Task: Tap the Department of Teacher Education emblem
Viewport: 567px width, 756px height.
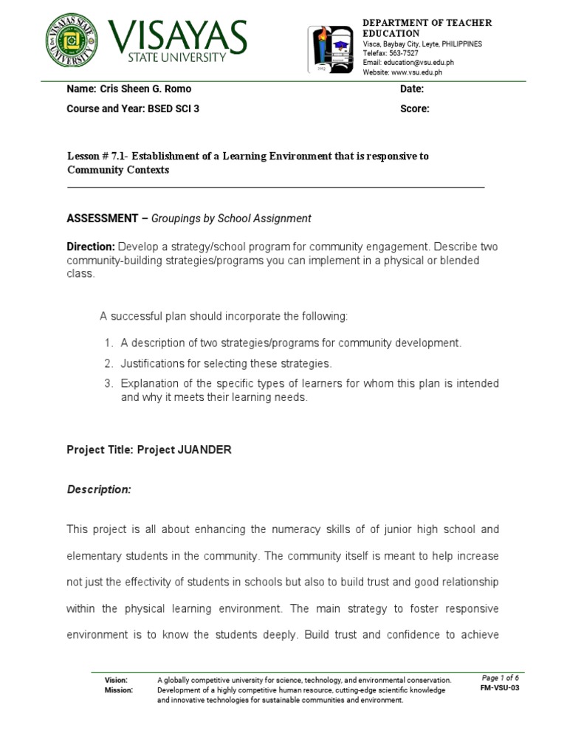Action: (331, 49)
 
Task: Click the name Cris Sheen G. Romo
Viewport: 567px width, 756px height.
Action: (145, 89)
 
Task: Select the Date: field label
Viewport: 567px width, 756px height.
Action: (411, 89)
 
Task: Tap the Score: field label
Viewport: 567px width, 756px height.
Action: (414, 109)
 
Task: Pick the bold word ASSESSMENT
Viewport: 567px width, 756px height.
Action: (102, 219)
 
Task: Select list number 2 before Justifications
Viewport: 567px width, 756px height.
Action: (108, 363)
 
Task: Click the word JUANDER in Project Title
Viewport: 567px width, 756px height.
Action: (205, 450)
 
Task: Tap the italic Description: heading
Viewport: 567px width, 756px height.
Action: (99, 489)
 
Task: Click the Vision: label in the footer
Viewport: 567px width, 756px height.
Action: (116, 680)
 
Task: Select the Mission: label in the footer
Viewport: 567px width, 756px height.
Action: (118, 690)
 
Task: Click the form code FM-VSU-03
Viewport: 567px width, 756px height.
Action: (500, 688)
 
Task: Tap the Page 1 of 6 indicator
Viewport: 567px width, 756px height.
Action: (500, 678)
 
